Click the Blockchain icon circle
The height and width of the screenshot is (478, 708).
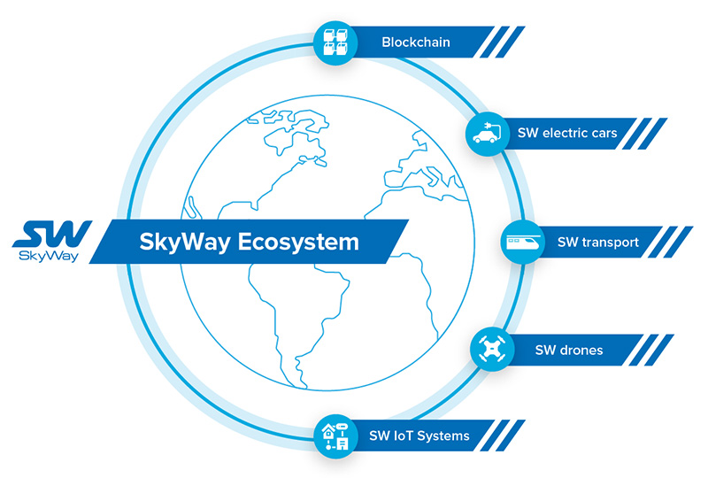coord(335,41)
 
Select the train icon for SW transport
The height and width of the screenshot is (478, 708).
coord(522,242)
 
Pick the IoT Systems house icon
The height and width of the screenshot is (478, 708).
coord(336,436)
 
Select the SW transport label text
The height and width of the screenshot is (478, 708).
coord(597,242)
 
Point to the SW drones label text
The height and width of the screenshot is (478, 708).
coord(568,350)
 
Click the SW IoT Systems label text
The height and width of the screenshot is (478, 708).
coord(419,436)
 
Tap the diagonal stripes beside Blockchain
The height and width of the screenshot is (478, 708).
coord(505,41)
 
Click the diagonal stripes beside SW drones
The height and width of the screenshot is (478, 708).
coord(654,350)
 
